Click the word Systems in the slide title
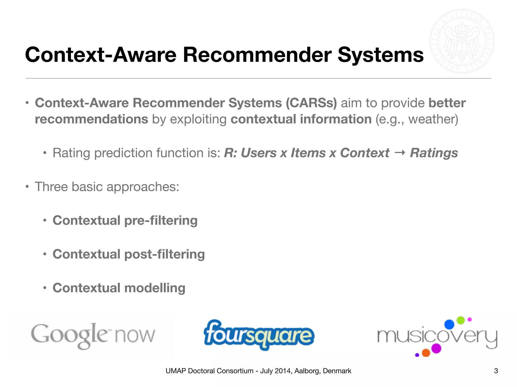click(x=380, y=55)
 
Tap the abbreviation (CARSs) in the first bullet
click(x=311, y=103)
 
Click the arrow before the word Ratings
click(x=400, y=153)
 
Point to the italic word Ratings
click(x=434, y=153)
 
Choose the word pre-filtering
click(x=161, y=220)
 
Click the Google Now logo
click(x=93, y=336)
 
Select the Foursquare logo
click(x=259, y=335)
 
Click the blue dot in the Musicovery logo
click(x=449, y=325)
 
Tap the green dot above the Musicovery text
click(x=461, y=320)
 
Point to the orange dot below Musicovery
click(x=426, y=353)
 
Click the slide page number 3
click(x=496, y=371)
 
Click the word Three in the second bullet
click(x=51, y=187)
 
